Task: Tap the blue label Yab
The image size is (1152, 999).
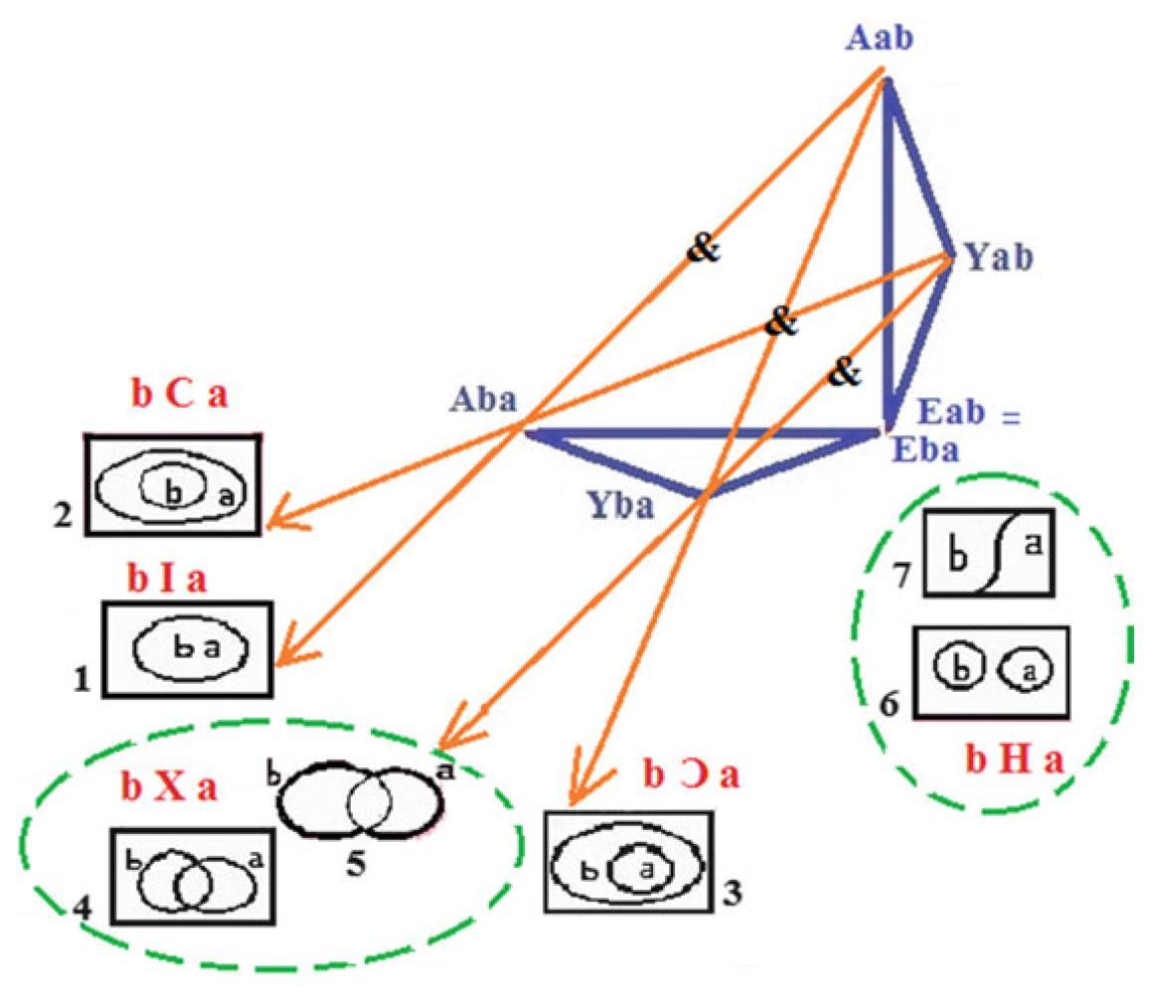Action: [x=998, y=258]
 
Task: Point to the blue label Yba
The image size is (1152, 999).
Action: [x=616, y=507]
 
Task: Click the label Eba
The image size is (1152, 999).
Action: [x=925, y=450]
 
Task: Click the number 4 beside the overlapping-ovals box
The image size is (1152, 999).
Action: [x=83, y=907]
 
